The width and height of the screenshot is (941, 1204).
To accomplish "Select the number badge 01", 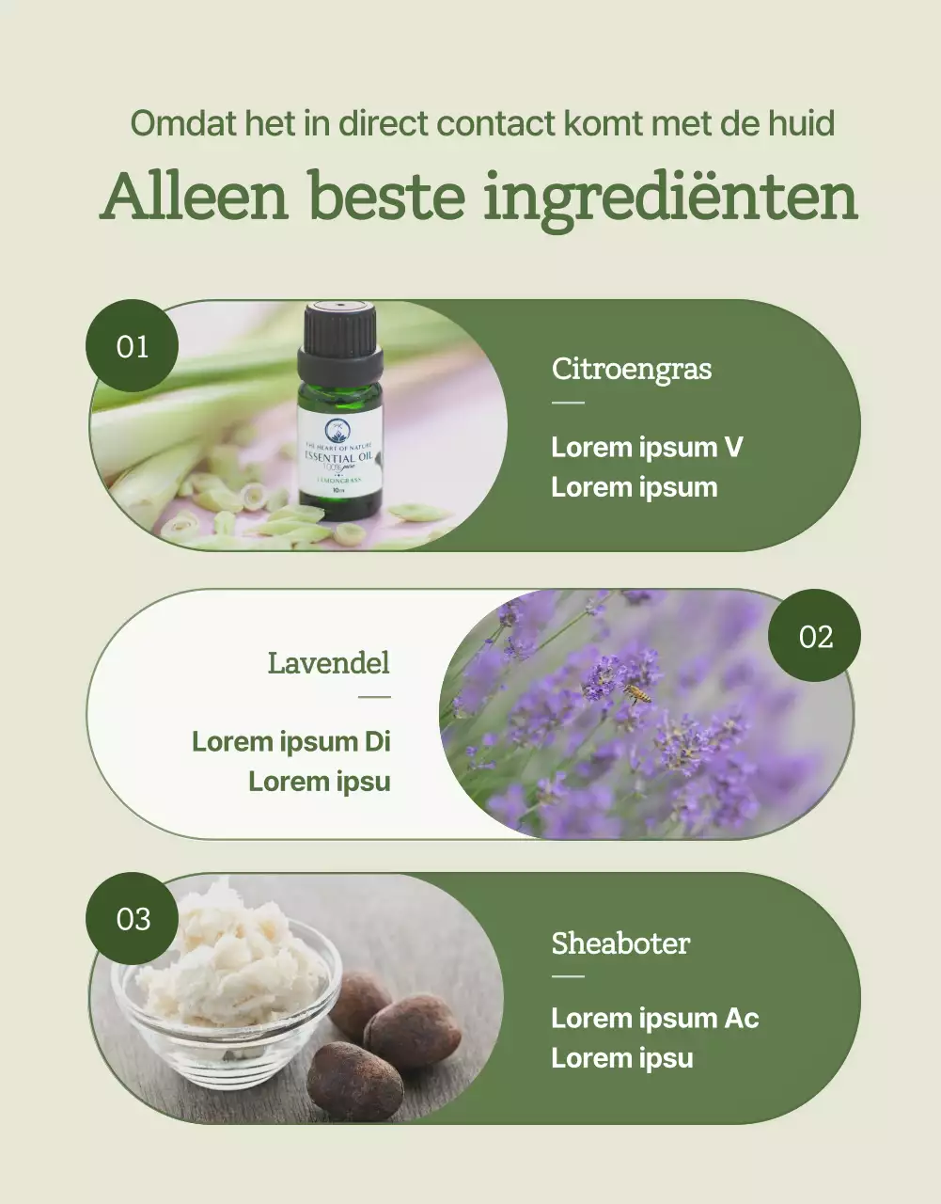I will [x=133, y=346].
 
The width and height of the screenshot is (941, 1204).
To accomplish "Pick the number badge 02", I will [x=814, y=636].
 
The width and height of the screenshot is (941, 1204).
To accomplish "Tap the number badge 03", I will [x=133, y=918].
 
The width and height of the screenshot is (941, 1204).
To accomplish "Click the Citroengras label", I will [x=631, y=368].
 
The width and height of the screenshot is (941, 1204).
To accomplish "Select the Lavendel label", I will [x=328, y=662].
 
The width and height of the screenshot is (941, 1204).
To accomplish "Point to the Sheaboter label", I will [x=620, y=943].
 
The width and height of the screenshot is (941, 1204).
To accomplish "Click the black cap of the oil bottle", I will [x=339, y=336].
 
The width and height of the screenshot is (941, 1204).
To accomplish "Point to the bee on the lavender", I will [x=638, y=694].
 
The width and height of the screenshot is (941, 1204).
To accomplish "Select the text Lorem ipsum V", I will [x=647, y=447].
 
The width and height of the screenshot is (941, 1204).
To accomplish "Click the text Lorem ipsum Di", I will [x=290, y=741].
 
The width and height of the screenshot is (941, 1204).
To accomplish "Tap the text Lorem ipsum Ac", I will [x=654, y=1018].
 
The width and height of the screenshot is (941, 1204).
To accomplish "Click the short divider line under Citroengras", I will [x=567, y=403].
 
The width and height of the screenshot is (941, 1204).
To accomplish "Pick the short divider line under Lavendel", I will [x=374, y=697].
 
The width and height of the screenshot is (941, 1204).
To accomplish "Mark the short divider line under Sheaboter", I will [x=567, y=976].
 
